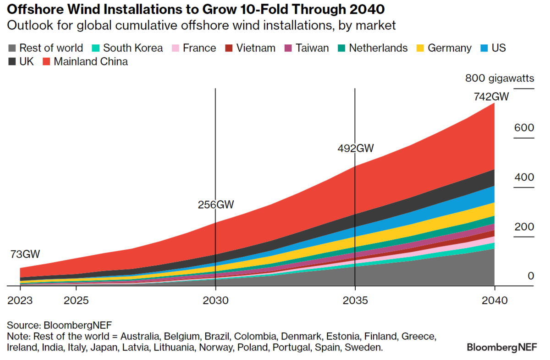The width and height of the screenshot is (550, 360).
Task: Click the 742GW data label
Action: pyautogui.click(x=491, y=97)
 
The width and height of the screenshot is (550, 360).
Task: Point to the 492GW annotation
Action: pyautogui.click(x=356, y=148)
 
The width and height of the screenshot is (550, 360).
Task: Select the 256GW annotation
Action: pyautogui.click(x=215, y=205)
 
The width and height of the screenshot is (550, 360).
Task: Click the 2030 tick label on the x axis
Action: pyautogui.click(x=215, y=301)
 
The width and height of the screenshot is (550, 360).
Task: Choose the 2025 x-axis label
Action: pyautogui.click(x=76, y=301)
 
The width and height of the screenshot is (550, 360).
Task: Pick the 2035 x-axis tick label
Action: pyautogui.click(x=355, y=301)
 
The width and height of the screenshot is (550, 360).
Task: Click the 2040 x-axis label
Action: pyautogui.click(x=495, y=301)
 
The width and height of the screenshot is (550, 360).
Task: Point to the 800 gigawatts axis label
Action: pyautogui.click(x=500, y=78)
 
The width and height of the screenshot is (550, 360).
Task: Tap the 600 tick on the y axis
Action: pyautogui.click(x=524, y=127)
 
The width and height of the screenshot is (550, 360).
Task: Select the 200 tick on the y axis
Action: pyautogui.click(x=524, y=227)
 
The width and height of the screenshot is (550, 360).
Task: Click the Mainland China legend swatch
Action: pyautogui.click(x=46, y=61)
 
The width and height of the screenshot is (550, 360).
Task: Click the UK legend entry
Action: pyautogui.click(x=21, y=61)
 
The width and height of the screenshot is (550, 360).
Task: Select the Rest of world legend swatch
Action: pyautogui.click(x=12, y=48)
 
